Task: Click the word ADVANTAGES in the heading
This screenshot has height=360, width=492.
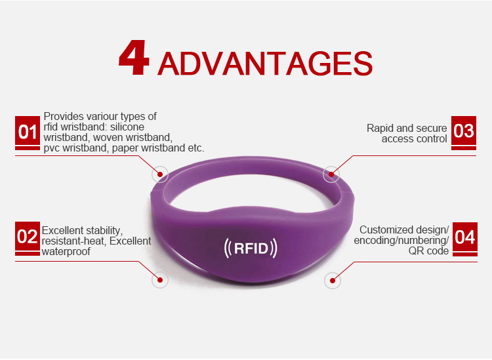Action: tap(265, 64)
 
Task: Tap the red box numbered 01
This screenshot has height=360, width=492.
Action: tap(28, 132)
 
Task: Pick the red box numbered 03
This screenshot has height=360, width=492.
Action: tap(464, 131)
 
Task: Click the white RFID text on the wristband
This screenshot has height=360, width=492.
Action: tap(251, 249)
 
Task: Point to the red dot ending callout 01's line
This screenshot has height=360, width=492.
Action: tap(159, 175)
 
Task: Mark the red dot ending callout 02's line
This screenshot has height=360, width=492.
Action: tap(159, 280)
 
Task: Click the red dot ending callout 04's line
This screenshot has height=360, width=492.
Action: tap(332, 281)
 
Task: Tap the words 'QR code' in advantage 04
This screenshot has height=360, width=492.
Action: tap(429, 251)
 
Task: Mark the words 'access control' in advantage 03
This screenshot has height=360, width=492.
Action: tap(415, 139)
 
